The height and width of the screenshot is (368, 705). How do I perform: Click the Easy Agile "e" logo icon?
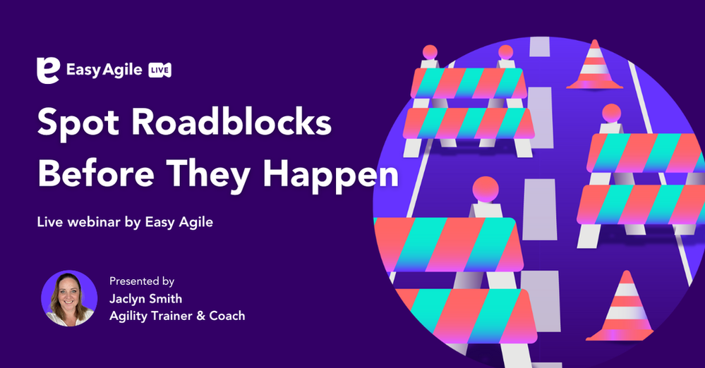tap(47, 71)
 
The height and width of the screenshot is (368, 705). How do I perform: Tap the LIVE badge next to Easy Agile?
tap(160, 70)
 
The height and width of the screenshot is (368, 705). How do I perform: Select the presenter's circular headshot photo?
tap(69, 298)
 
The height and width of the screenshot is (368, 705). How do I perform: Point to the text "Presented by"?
tap(142, 281)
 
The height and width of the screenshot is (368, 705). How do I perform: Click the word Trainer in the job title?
tap(175, 316)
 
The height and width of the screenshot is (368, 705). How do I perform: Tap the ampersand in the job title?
tap(203, 316)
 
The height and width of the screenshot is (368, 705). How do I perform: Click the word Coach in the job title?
tap(228, 316)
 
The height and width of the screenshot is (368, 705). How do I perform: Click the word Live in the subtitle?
tap(49, 222)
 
